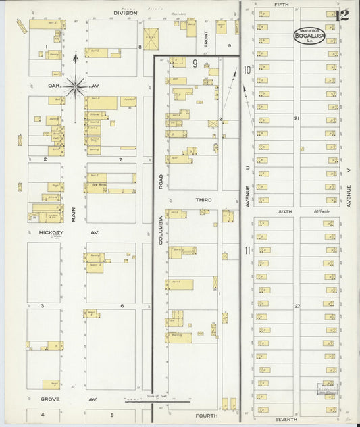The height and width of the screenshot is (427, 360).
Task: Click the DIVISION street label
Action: pyautogui.click(x=125, y=13)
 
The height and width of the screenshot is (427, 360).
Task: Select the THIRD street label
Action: pyautogui.click(x=203, y=200)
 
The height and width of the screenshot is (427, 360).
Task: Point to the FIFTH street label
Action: pyautogui.click(x=281, y=5)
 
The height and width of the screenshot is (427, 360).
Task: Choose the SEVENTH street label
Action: pyautogui.click(x=286, y=419)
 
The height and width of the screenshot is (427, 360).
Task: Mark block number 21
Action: pyautogui.click(x=296, y=118)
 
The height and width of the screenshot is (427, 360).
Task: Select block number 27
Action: pyautogui.click(x=296, y=306)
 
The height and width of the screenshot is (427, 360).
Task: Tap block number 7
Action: pyautogui.click(x=120, y=159)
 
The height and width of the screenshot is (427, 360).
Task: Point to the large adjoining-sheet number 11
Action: pyautogui.click(x=248, y=251)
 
